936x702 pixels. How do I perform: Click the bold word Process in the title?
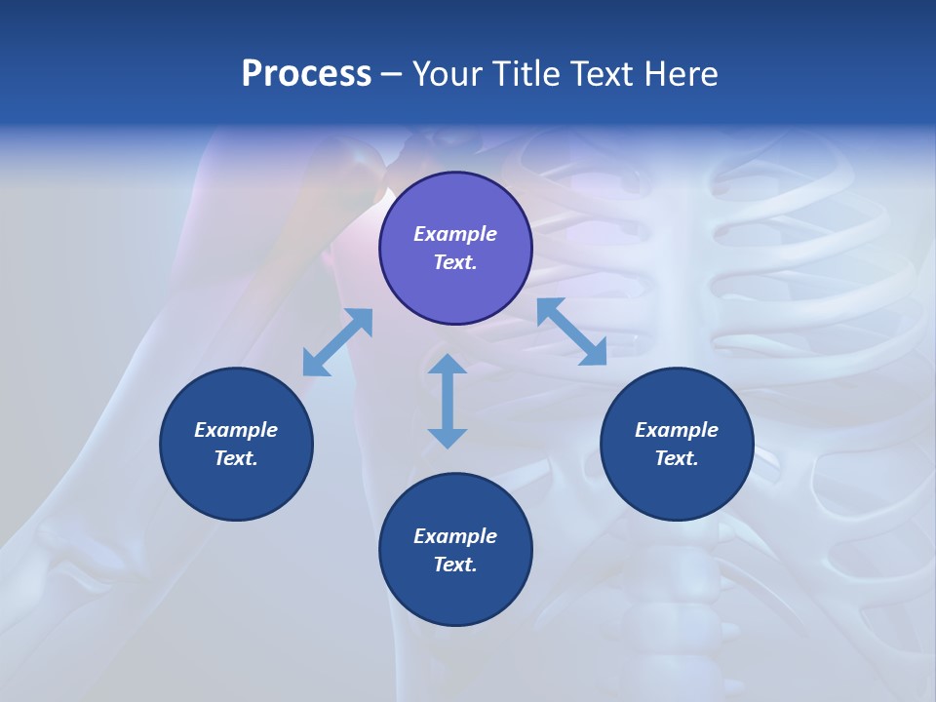pos(306,74)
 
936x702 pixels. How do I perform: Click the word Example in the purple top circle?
pos(455,234)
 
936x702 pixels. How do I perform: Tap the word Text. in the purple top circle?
pos(455,262)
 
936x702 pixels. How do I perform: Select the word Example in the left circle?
pos(236,430)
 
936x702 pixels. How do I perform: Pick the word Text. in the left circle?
pos(236,458)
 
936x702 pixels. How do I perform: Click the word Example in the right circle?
pos(677,430)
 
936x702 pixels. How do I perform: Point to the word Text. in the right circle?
pos(677,458)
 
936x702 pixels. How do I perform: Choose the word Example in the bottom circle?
pos(455,536)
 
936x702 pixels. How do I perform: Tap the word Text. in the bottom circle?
pos(455,565)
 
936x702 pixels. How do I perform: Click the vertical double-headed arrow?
pos(448,401)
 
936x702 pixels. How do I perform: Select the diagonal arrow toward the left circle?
pos(337,342)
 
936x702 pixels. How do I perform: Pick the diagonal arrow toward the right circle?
pos(571,331)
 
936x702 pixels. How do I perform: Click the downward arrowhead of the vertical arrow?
pos(448,438)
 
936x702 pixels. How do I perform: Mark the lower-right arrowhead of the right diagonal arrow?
pos(596,355)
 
